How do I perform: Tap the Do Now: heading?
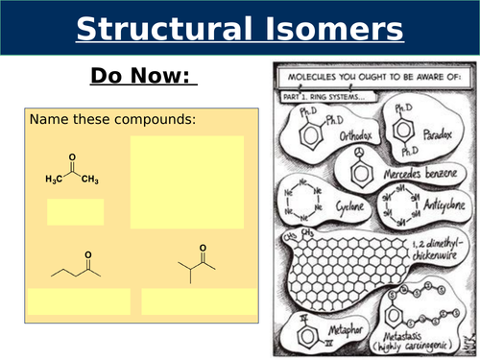point(143,76)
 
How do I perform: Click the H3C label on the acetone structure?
point(56,180)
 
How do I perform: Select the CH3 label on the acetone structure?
point(90,180)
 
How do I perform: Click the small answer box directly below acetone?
point(75,211)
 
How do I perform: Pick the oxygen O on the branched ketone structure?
point(203,248)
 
